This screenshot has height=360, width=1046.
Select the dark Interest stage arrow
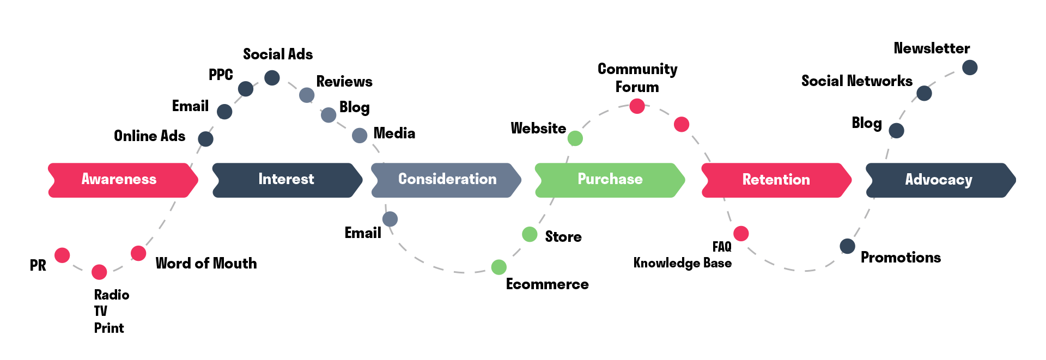(287, 180)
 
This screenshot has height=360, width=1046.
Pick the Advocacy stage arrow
(939, 180)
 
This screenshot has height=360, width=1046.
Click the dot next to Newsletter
(970, 68)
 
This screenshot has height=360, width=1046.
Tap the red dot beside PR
(62, 255)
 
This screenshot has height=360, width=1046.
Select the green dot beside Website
(575, 138)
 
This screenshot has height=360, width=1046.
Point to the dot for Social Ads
(272, 78)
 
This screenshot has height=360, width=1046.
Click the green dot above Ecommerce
(498, 267)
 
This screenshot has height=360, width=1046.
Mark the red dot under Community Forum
(637, 106)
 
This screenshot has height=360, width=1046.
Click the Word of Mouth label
(206, 264)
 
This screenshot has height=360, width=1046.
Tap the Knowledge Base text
(682, 263)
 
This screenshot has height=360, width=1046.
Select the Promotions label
(901, 258)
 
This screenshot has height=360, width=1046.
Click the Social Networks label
(856, 81)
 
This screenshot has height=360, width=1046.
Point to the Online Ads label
(149, 136)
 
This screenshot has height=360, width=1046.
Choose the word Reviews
(344, 82)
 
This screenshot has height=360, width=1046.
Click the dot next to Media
(360, 135)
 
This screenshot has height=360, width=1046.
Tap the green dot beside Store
(530, 234)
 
